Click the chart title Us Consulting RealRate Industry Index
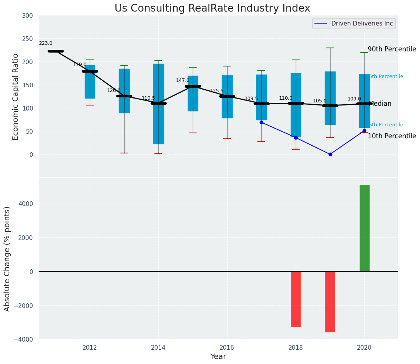tap(212, 9)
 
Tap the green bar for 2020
tap(364, 228)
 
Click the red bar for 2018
tap(296, 299)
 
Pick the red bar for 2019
tap(330, 301)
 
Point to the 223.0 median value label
tap(46, 44)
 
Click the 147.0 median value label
tap(183, 80)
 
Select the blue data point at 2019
tap(330, 154)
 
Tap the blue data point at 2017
tap(261, 122)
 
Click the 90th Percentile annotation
tap(392, 49)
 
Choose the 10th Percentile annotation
tap(392, 136)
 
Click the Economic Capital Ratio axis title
tap(16, 97)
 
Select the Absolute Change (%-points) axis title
tap(7, 259)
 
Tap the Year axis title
tap(218, 357)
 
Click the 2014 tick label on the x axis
tap(158, 348)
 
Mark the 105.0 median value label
tap(320, 101)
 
